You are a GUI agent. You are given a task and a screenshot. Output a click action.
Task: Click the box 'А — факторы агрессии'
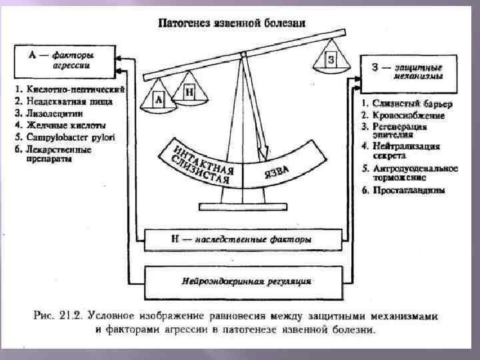[63, 61]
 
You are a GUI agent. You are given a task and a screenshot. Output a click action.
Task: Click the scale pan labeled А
[158, 100]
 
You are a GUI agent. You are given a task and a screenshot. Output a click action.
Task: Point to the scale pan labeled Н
[188, 93]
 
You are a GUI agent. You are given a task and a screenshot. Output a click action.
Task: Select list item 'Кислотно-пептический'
[70, 90]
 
